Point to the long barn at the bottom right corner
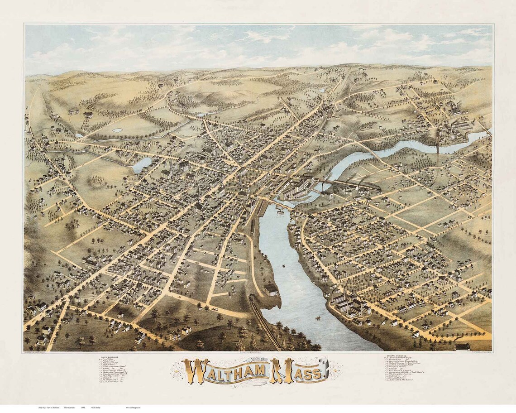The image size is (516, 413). click(462, 347)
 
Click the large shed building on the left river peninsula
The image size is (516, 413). click(270, 290)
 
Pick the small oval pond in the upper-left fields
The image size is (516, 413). click(118, 130)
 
